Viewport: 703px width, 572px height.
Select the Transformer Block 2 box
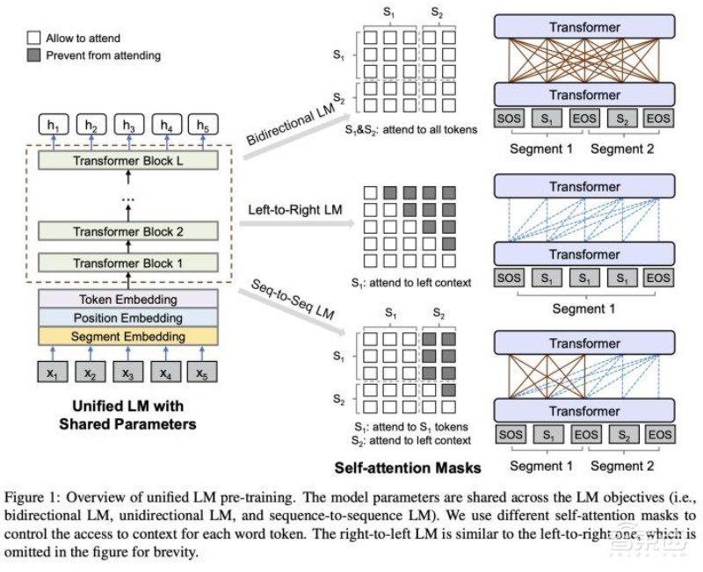coord(128,231)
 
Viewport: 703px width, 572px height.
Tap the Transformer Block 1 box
coord(128,262)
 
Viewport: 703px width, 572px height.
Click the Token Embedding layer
coord(128,299)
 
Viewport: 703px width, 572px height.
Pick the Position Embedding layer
coord(128,317)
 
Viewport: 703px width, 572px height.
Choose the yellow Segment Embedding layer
coord(128,336)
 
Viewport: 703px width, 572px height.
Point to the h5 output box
coord(203,127)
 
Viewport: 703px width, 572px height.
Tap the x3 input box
coord(128,373)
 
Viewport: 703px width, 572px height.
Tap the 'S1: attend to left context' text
coord(409,285)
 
